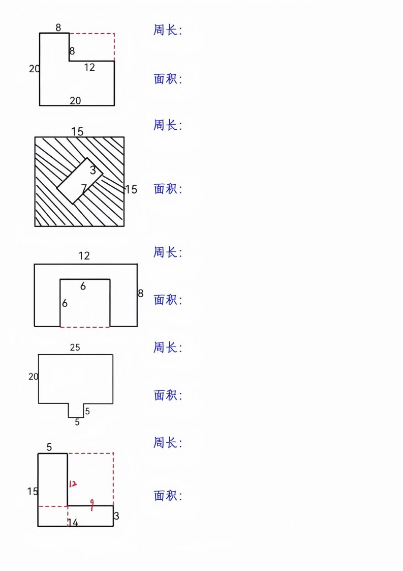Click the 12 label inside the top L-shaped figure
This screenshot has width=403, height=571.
89,67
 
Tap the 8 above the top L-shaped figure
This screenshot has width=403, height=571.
58,27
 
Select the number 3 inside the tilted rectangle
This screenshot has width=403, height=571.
93,170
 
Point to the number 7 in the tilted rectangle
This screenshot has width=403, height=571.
84,188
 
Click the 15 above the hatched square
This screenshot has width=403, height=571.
77,131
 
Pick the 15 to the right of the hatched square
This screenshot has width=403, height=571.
131,189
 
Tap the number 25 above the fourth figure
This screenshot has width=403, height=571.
75,348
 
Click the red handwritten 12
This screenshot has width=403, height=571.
73,483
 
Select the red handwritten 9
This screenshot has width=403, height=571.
92,504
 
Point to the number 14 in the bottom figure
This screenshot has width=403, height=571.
73,523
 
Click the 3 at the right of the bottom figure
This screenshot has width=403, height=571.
116,516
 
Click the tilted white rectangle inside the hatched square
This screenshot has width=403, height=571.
80,181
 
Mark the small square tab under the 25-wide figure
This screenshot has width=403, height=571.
76,410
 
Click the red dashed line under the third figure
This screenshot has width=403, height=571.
85,327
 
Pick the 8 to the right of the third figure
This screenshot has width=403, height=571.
141,293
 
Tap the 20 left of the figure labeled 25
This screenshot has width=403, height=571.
34,377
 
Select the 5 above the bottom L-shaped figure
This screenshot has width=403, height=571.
49,447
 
